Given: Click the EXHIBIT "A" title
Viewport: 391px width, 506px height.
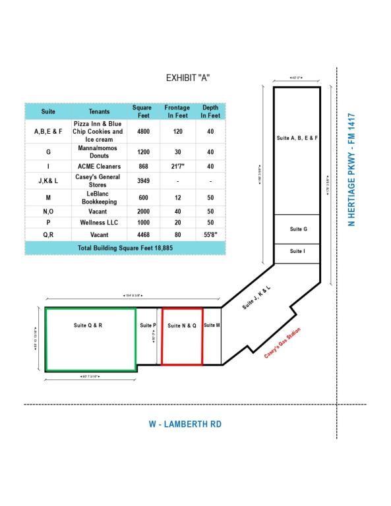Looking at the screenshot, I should (x=188, y=78).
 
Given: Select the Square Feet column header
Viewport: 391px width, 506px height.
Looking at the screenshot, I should (x=142, y=111).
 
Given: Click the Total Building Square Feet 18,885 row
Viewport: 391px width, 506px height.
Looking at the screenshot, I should (x=125, y=248).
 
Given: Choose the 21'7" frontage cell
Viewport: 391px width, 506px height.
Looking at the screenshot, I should (x=177, y=166).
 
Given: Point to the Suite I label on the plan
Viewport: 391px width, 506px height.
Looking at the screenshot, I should (x=297, y=251).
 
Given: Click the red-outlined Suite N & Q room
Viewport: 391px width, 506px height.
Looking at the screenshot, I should (x=182, y=336).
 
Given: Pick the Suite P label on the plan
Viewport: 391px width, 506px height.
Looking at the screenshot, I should (x=148, y=325).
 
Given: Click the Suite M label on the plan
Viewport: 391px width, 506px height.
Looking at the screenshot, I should (x=212, y=325).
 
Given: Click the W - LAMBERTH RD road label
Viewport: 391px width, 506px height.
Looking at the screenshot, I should (x=185, y=424).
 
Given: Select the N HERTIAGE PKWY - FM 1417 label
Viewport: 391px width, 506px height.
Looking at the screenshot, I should (x=353, y=169).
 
